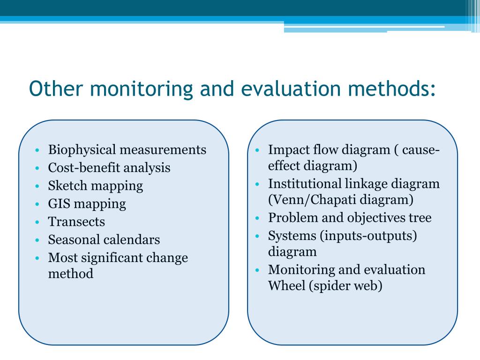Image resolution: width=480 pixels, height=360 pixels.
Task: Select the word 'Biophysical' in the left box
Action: [82, 150]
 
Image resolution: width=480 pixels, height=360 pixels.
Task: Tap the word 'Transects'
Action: [76, 222]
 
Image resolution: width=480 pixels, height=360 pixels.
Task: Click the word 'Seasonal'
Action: [74, 240]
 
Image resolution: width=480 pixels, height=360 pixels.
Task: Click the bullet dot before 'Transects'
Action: [37, 222]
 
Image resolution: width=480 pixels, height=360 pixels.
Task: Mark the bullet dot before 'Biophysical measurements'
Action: [37, 150]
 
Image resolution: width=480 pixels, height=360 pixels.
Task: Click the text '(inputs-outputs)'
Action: [368, 235]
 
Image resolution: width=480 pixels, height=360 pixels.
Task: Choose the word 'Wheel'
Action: [287, 286]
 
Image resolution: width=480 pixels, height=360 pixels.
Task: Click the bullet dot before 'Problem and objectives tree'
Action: [257, 218]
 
